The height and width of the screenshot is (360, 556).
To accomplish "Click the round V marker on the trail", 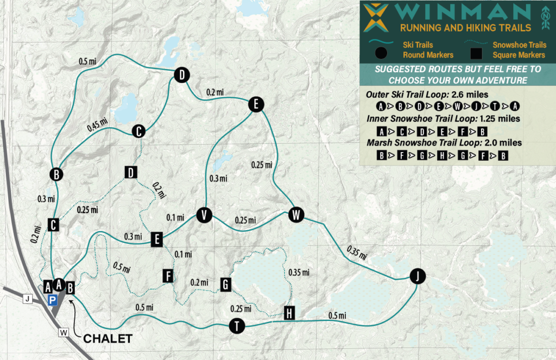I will [204, 215].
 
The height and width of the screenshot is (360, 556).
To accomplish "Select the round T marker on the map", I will [237, 326].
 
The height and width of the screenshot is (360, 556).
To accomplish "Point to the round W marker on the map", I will [295, 214].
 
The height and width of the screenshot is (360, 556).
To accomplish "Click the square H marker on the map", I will [289, 312].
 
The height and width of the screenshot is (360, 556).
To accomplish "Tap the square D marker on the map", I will [130, 173].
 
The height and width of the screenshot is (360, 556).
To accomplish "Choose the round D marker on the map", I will [181, 75].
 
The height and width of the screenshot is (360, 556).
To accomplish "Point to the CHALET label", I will [108, 339].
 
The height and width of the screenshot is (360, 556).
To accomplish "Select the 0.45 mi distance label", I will [97, 126].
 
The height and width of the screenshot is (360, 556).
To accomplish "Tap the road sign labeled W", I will [64, 332].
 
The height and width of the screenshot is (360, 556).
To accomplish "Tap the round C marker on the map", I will [138, 131].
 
